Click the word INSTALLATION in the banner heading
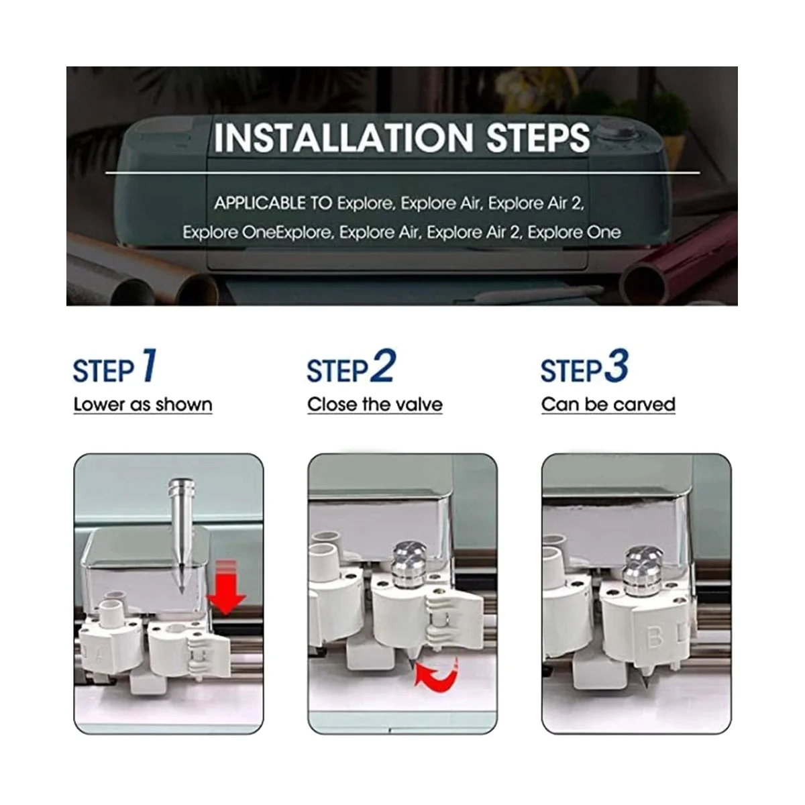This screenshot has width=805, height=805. click(x=343, y=138)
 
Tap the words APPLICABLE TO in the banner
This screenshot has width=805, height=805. click(x=273, y=203)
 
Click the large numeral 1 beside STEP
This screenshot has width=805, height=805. click(x=149, y=366)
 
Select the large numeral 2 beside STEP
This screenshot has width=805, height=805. click(x=382, y=366)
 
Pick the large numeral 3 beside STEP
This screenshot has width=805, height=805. click(x=616, y=366)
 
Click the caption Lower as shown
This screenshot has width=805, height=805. click(x=143, y=405)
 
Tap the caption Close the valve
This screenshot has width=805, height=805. click(x=375, y=405)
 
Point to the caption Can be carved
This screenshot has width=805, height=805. click(x=608, y=405)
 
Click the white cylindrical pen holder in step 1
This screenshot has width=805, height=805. click(x=111, y=614)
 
